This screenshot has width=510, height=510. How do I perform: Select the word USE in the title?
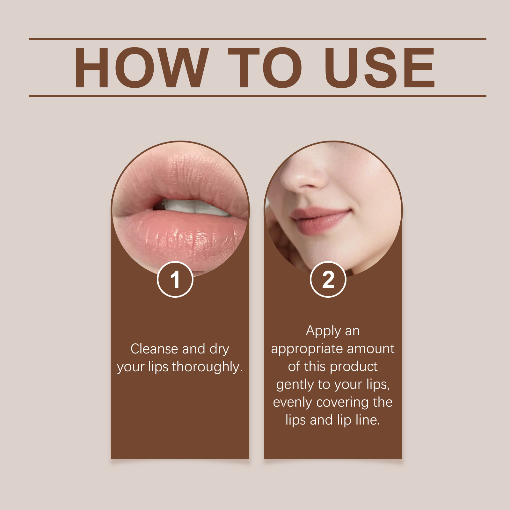[x=379, y=68]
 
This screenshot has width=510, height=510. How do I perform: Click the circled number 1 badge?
[x=175, y=280]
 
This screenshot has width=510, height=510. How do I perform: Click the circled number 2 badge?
[x=328, y=280]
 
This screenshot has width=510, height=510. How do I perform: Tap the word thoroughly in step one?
[x=208, y=367]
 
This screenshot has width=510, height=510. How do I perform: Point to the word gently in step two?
[x=295, y=385]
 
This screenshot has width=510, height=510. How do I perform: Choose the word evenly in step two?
[x=292, y=402]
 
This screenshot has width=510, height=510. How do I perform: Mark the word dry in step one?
[x=219, y=349]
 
